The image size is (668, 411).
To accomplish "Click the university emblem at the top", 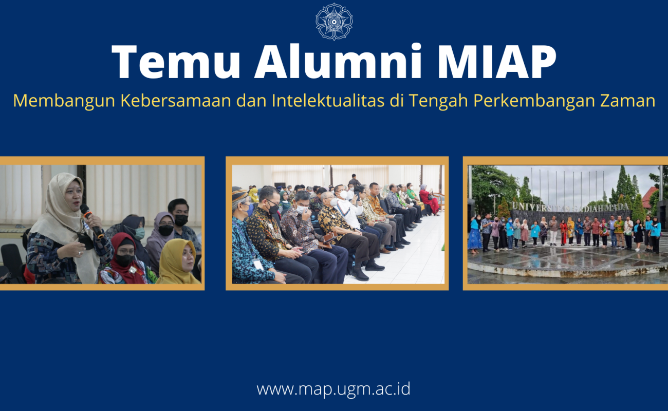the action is [x=334, y=22].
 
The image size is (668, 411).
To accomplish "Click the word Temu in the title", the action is [x=176, y=62].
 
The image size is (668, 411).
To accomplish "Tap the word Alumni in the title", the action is [x=338, y=61].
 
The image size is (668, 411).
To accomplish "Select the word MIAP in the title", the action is [x=496, y=62].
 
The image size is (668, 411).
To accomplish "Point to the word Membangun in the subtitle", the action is [x=64, y=101].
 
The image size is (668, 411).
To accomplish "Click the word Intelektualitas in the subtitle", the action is [x=328, y=100].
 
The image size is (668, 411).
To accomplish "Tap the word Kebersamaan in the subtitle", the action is [x=176, y=101].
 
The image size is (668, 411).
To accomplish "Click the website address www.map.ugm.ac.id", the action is [x=333, y=389].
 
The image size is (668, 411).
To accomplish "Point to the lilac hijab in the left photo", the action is [x=159, y=236].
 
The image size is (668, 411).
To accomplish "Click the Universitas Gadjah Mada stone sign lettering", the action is [x=570, y=207].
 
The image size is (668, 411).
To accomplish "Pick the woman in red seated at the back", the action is [x=429, y=199].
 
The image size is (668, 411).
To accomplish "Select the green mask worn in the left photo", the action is [x=139, y=233].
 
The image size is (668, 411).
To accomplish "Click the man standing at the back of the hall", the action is [x=354, y=180].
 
